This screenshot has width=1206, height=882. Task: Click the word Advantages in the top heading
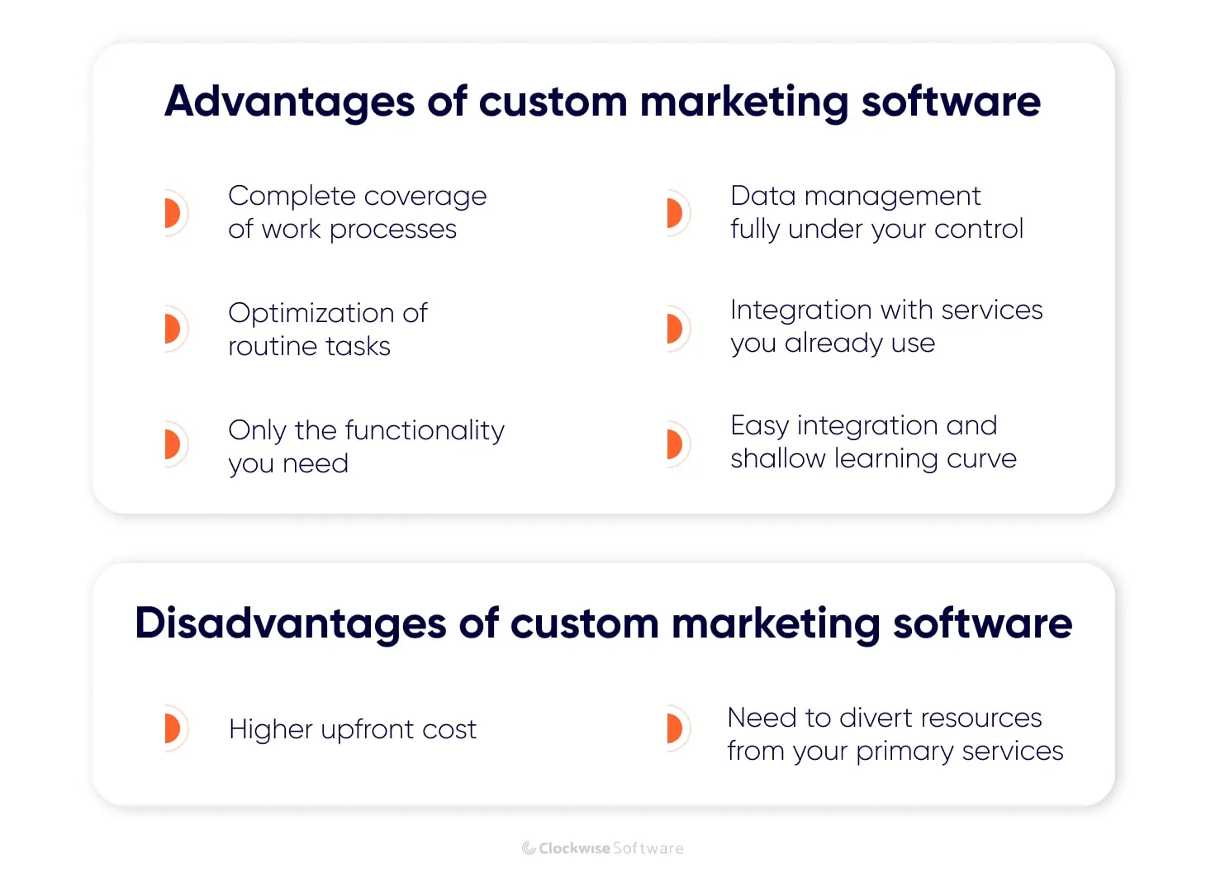pos(289,102)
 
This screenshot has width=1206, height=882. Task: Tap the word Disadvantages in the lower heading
pos(290,624)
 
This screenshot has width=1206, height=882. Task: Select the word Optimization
pos(311,313)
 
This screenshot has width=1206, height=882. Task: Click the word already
pos(833,344)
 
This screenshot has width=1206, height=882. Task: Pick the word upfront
pos(367,730)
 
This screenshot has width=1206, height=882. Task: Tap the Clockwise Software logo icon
pos(529,848)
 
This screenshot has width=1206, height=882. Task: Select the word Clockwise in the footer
pos(574,848)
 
